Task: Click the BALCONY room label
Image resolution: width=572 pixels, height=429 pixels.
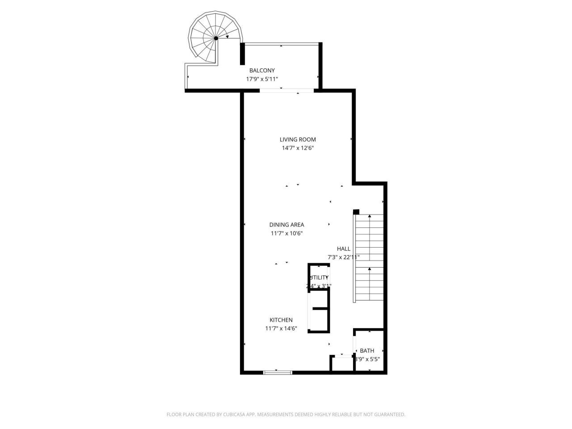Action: click(262, 71)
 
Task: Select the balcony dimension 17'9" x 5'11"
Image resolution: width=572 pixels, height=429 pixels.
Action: click(262, 79)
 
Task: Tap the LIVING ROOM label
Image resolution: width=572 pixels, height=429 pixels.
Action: click(298, 139)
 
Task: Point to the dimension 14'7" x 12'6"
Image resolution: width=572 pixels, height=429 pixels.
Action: click(298, 148)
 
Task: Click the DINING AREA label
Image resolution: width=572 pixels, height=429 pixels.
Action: click(286, 225)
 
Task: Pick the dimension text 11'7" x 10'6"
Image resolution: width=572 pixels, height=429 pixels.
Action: click(286, 233)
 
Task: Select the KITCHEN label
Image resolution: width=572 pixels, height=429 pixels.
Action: click(281, 320)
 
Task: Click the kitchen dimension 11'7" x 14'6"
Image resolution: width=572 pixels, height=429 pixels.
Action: click(281, 328)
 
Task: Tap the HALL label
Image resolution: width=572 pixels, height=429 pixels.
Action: click(344, 249)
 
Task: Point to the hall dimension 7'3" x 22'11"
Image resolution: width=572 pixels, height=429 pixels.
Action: click(344, 257)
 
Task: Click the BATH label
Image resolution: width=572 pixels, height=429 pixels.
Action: click(367, 351)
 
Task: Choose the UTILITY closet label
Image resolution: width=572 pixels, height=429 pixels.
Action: click(319, 278)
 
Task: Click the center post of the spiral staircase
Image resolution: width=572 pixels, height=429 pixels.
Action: click(216, 38)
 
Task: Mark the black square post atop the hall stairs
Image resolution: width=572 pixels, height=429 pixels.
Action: click(356, 212)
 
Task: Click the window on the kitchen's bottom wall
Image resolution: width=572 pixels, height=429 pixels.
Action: click(278, 372)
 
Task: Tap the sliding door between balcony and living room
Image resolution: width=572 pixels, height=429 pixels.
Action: click(286, 91)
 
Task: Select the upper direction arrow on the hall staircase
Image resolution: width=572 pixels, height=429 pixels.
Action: click(370, 217)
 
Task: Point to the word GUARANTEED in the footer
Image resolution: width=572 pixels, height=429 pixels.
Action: click(388, 415)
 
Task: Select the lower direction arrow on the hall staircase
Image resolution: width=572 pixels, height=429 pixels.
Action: click(370, 269)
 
